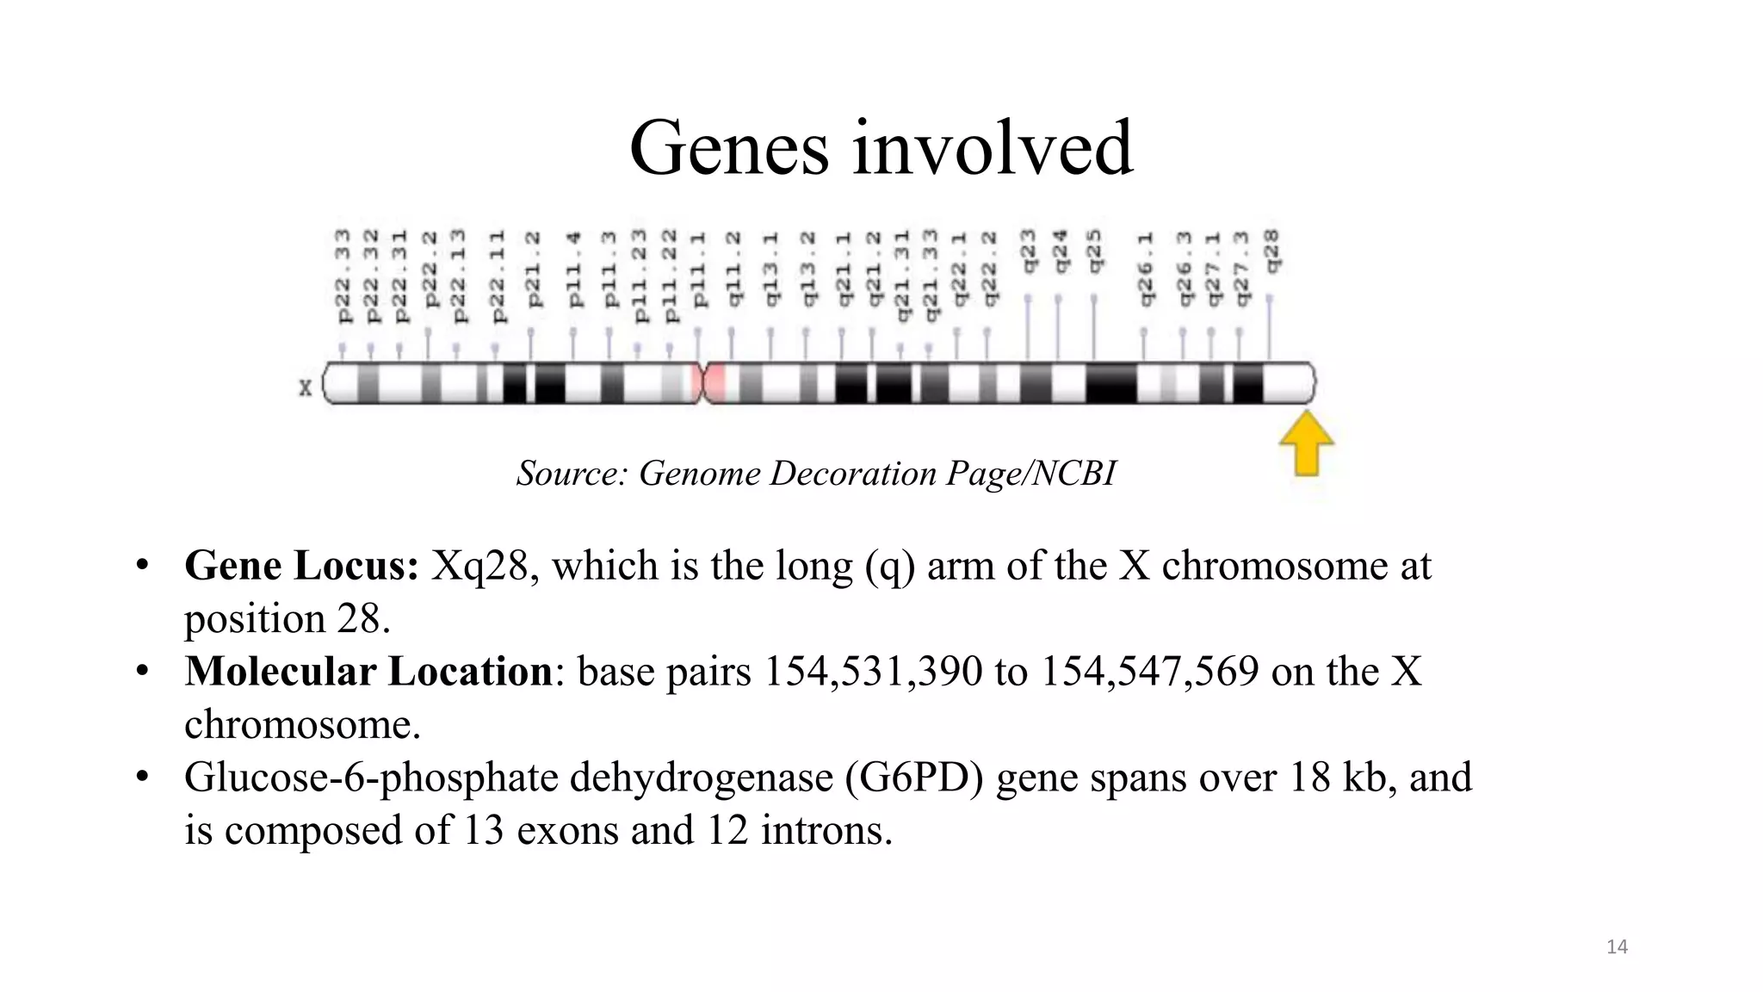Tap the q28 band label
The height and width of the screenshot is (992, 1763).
coord(1271,251)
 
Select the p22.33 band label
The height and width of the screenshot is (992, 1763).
coord(343,276)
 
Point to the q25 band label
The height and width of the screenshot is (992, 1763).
coord(1094,251)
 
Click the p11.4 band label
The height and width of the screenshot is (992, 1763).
coord(574,269)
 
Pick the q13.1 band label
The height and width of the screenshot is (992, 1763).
coord(770,269)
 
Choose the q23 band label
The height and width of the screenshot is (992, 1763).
coord(1028,251)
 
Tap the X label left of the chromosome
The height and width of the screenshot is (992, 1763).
coord(305,388)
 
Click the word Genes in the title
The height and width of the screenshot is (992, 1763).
coord(728,148)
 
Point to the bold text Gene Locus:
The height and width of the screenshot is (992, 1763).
coord(301,567)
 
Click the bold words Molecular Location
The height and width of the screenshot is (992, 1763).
coord(368,673)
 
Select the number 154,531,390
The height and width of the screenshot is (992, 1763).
coord(873,673)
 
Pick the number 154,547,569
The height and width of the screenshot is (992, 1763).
coord(1150,673)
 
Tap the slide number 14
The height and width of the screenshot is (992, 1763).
coord(1617,947)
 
